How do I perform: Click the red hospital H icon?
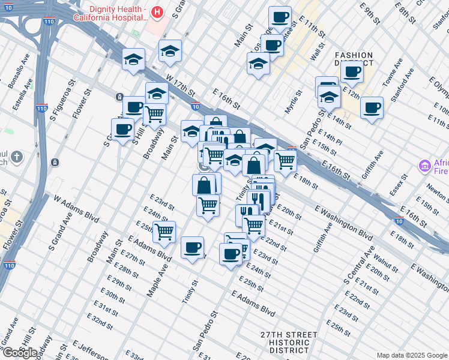point(157,11)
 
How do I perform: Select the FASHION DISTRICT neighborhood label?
point(354,59)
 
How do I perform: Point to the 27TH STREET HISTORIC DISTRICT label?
point(289,342)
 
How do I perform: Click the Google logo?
point(20,352)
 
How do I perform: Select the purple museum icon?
point(425,165)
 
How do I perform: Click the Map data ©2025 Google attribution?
point(412,355)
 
